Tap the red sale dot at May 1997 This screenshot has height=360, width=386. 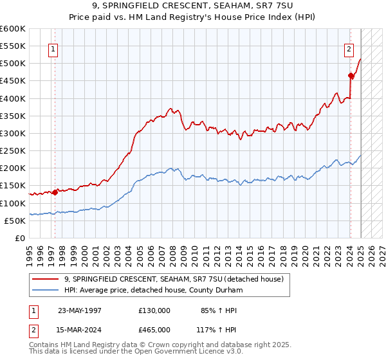(x=55, y=192)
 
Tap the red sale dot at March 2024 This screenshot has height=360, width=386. (x=351, y=75)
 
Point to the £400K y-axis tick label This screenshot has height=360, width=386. (x=12, y=98)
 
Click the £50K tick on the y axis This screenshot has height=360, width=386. (x=15, y=221)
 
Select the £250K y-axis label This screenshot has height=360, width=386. (x=12, y=151)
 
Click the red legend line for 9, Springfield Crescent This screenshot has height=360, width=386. (x=46, y=278)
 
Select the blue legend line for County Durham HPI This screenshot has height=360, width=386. (x=46, y=290)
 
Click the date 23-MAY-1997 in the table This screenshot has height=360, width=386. (x=80, y=310)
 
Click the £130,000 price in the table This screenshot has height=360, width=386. (x=154, y=310)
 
